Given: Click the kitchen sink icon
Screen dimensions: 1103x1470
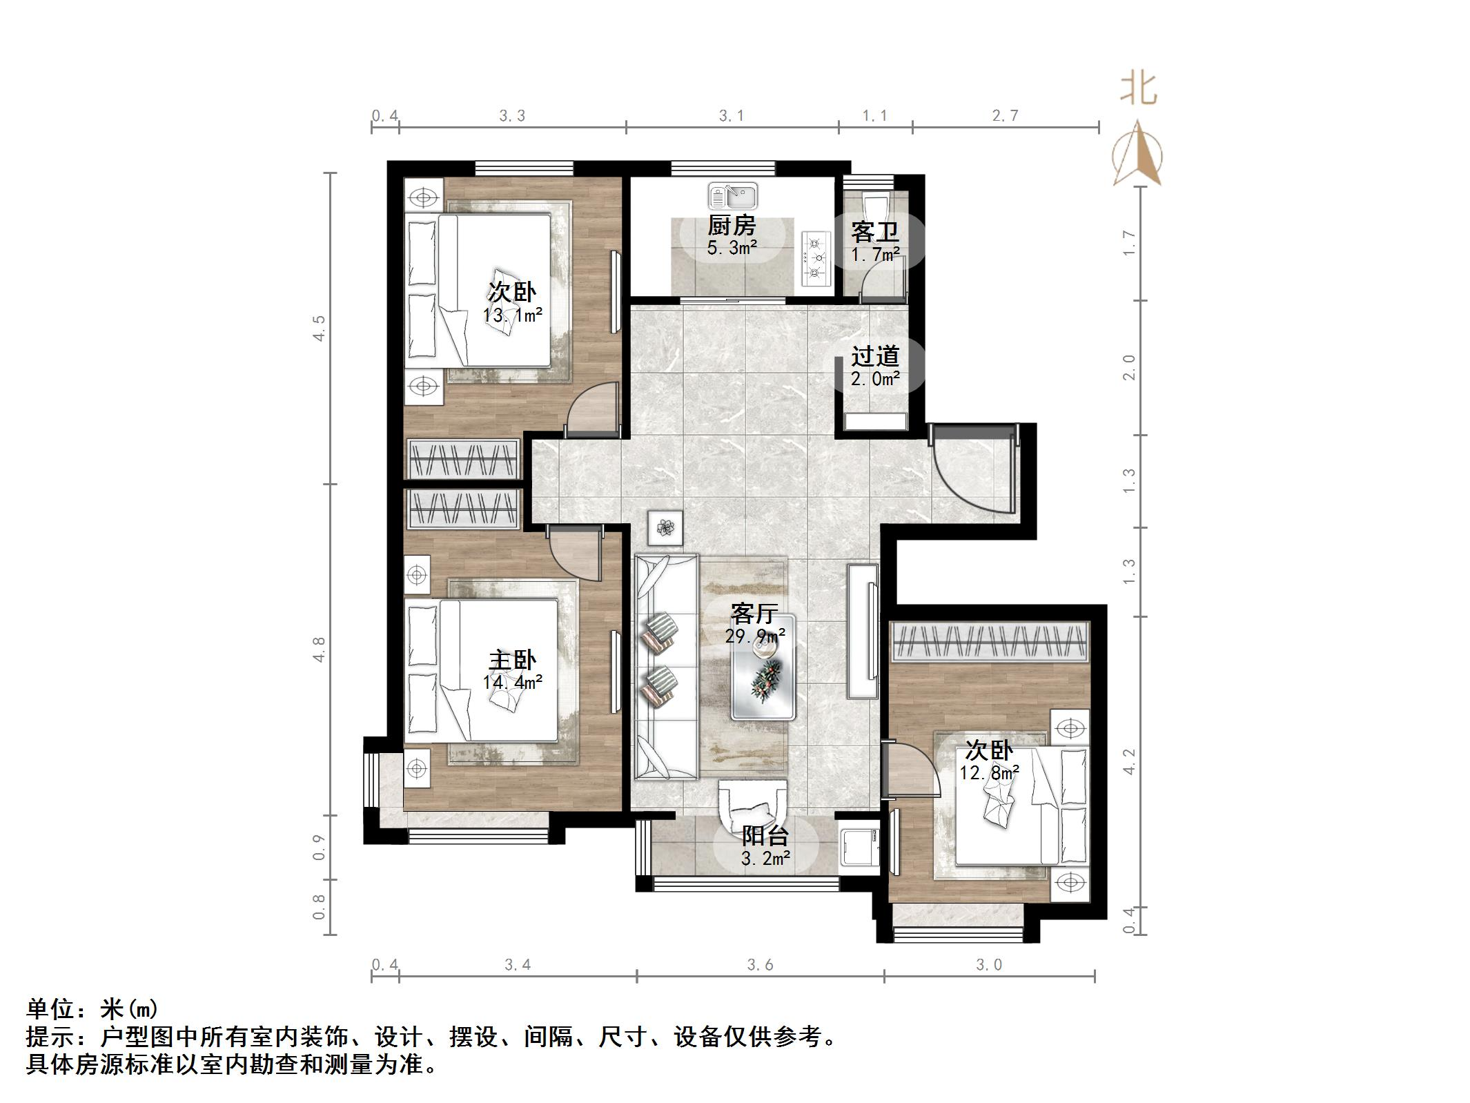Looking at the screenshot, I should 732,196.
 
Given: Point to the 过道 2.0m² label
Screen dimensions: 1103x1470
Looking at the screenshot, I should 875,366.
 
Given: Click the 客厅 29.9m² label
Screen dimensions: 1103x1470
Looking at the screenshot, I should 754,623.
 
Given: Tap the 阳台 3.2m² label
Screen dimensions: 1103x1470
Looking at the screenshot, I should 765,846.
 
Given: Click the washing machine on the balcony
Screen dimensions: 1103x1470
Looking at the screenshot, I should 859,847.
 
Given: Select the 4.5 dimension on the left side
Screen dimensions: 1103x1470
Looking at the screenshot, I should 318,327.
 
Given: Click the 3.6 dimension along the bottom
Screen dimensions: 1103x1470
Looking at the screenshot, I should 760,964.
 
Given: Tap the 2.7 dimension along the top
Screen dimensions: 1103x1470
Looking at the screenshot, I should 1006,115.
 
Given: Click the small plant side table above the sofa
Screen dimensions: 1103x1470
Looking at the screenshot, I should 665,528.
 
